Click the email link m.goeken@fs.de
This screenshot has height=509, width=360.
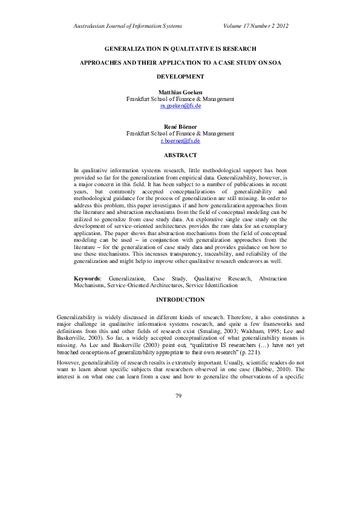(x=180, y=105)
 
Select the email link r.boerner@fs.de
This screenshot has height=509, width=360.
(x=180, y=140)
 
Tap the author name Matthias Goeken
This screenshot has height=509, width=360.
(x=180, y=91)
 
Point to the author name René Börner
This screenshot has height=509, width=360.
(x=180, y=126)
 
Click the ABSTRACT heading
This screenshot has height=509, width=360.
(x=180, y=155)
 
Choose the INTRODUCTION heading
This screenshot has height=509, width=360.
(x=180, y=300)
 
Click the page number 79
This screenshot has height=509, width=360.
(x=178, y=378)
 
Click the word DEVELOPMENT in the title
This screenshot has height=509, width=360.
(x=180, y=77)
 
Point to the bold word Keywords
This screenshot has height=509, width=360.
(x=87, y=279)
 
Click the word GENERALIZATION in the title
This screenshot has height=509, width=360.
(x=134, y=48)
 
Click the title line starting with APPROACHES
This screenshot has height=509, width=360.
(x=180, y=62)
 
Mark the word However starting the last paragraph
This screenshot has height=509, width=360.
(x=68, y=349)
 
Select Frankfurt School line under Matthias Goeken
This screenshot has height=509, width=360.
(x=180, y=99)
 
